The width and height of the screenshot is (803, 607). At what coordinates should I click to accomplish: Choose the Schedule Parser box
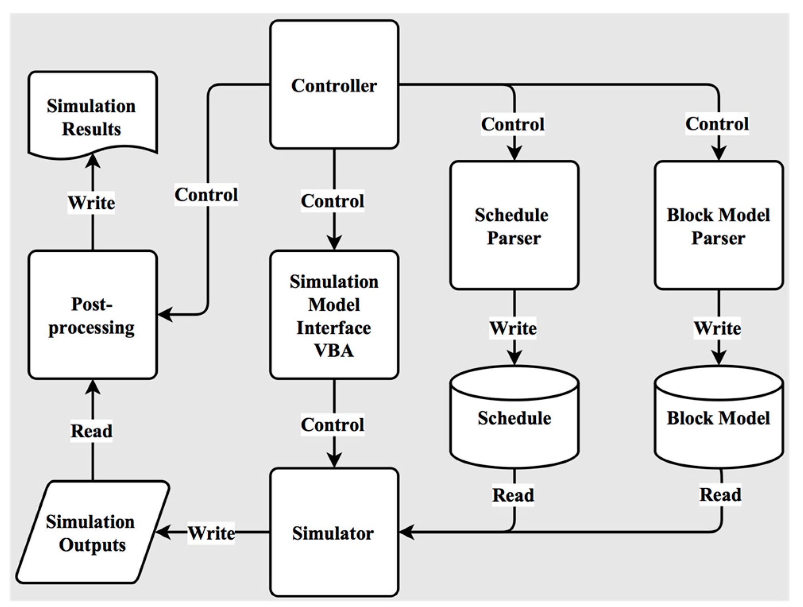point(514,225)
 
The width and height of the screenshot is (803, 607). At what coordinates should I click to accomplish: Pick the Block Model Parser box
point(718,225)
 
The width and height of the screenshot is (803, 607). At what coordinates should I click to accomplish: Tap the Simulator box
point(334,532)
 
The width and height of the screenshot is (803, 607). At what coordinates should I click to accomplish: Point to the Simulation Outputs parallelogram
point(93,532)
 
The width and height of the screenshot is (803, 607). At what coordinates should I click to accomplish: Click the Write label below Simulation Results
point(91,203)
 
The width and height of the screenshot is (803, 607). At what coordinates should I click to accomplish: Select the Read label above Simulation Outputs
point(91,431)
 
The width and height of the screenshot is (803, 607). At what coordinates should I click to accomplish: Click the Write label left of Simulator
point(211,533)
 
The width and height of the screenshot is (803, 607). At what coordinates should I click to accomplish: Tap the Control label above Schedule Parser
point(513,124)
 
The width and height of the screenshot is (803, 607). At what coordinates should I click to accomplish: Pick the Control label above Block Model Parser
point(717,124)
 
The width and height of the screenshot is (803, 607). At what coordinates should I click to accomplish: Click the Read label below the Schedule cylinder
point(513,495)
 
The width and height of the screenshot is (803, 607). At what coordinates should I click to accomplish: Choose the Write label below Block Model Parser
point(717,328)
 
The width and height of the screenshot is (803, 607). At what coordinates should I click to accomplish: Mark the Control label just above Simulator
point(332,424)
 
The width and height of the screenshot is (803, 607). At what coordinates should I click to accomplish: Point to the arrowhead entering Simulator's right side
point(407,532)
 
